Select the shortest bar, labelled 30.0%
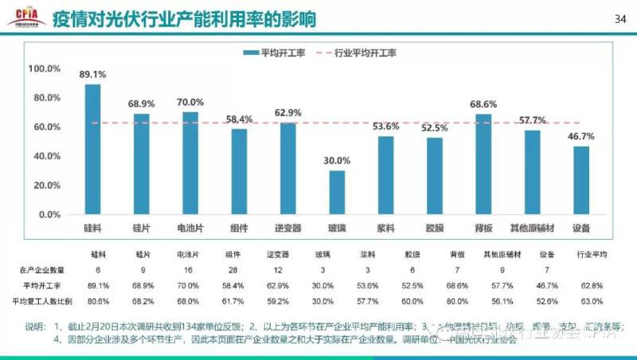[337, 193]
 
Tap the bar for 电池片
[190, 163]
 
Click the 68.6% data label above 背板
[483, 104]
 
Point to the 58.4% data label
[240, 119]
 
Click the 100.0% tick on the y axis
[45, 68]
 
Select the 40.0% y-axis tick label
[45, 156]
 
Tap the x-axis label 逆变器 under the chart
[288, 229]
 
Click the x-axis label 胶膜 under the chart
[435, 229]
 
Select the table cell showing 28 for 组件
[233, 271]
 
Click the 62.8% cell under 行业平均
[591, 286]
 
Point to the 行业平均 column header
[591, 255]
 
